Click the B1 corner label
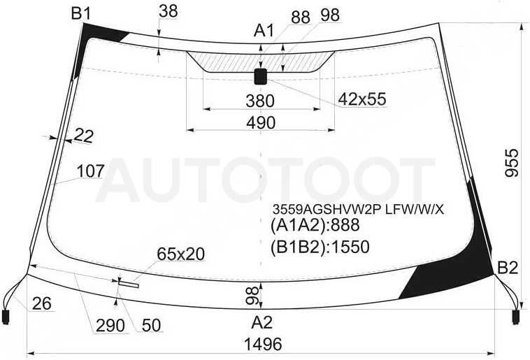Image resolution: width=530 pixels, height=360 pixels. click(81, 14)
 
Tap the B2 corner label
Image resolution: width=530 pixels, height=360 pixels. click(508, 268)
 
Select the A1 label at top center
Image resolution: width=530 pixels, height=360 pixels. click(264, 31)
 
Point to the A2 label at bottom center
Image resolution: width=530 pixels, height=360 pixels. click(262, 323)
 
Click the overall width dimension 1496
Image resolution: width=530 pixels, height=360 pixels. click(263, 345)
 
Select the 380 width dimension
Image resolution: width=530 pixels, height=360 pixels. click(260, 101)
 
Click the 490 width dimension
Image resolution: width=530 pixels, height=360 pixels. click(261, 123)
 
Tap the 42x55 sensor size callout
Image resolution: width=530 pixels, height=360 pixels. click(362, 99)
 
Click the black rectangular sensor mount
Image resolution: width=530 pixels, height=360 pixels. click(260, 76)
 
